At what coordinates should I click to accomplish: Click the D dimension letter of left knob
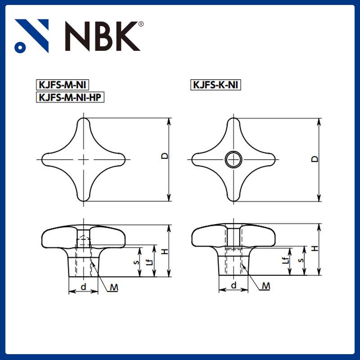[165, 156]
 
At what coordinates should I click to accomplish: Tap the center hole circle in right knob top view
[234, 159]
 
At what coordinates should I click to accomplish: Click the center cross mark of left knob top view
[84, 159]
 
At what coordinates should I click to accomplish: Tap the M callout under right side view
[266, 286]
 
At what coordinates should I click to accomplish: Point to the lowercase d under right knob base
[234, 285]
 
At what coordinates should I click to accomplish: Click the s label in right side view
[301, 260]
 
